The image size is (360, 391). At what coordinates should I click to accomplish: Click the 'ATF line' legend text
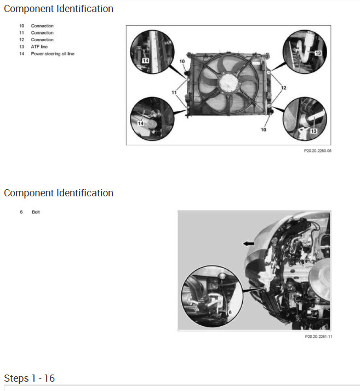[39, 47]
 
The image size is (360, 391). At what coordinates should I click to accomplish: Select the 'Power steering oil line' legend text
[53, 54]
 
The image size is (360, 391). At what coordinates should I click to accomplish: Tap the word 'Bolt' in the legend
[36, 212]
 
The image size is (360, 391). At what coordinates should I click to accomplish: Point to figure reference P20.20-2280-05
[318, 150]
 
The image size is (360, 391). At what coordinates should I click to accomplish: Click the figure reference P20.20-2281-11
[318, 336]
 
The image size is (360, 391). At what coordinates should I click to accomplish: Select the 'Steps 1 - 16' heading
[30, 378]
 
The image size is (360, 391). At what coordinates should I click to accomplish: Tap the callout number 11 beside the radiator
[174, 93]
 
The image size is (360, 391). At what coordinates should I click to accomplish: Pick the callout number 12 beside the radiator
[283, 88]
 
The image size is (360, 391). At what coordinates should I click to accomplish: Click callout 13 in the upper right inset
[318, 53]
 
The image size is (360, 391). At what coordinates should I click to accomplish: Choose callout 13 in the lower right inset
[314, 131]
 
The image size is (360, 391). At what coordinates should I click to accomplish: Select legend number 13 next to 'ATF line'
[21, 47]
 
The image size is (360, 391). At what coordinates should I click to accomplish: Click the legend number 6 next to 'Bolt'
[21, 212]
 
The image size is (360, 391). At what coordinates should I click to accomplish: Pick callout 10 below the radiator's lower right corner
[264, 130]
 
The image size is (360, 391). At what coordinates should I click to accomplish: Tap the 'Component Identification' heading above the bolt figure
[59, 193]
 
